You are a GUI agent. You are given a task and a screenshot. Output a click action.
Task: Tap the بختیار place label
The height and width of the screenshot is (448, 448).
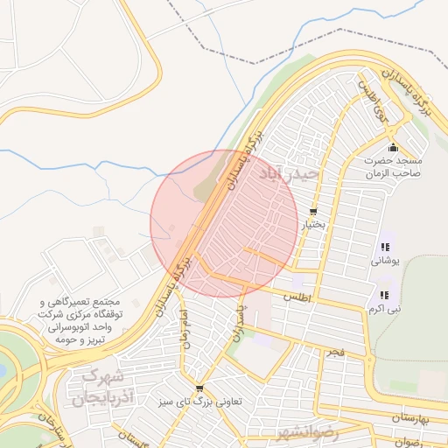pyautogui.click(x=313, y=225)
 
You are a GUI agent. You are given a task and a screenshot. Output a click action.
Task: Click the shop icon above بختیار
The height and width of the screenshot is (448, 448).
pyautogui.click(x=313, y=212)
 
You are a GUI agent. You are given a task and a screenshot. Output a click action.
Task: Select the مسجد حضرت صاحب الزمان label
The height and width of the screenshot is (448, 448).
pyautogui.click(x=393, y=166)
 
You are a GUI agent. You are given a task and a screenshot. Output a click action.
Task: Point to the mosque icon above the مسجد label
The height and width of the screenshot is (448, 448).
pyautogui.click(x=393, y=146)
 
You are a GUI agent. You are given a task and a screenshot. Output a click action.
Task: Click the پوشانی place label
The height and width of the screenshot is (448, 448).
pyautogui.click(x=385, y=260)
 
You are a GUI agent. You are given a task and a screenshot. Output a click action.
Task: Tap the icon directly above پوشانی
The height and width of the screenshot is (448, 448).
pyautogui.click(x=385, y=247)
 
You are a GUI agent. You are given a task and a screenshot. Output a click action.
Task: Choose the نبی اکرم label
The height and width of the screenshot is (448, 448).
pyautogui.click(x=385, y=308)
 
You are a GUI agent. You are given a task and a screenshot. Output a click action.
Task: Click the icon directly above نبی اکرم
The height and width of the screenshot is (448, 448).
pyautogui.click(x=385, y=295)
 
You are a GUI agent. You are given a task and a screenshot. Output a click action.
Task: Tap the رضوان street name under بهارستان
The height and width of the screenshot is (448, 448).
pyautogui.click(x=408, y=442)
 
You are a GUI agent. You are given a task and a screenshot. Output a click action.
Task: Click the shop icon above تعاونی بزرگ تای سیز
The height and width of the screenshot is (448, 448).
pyautogui.click(x=200, y=389)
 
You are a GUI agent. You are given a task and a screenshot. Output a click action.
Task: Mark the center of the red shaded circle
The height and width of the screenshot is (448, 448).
pyautogui.click(x=224, y=223)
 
